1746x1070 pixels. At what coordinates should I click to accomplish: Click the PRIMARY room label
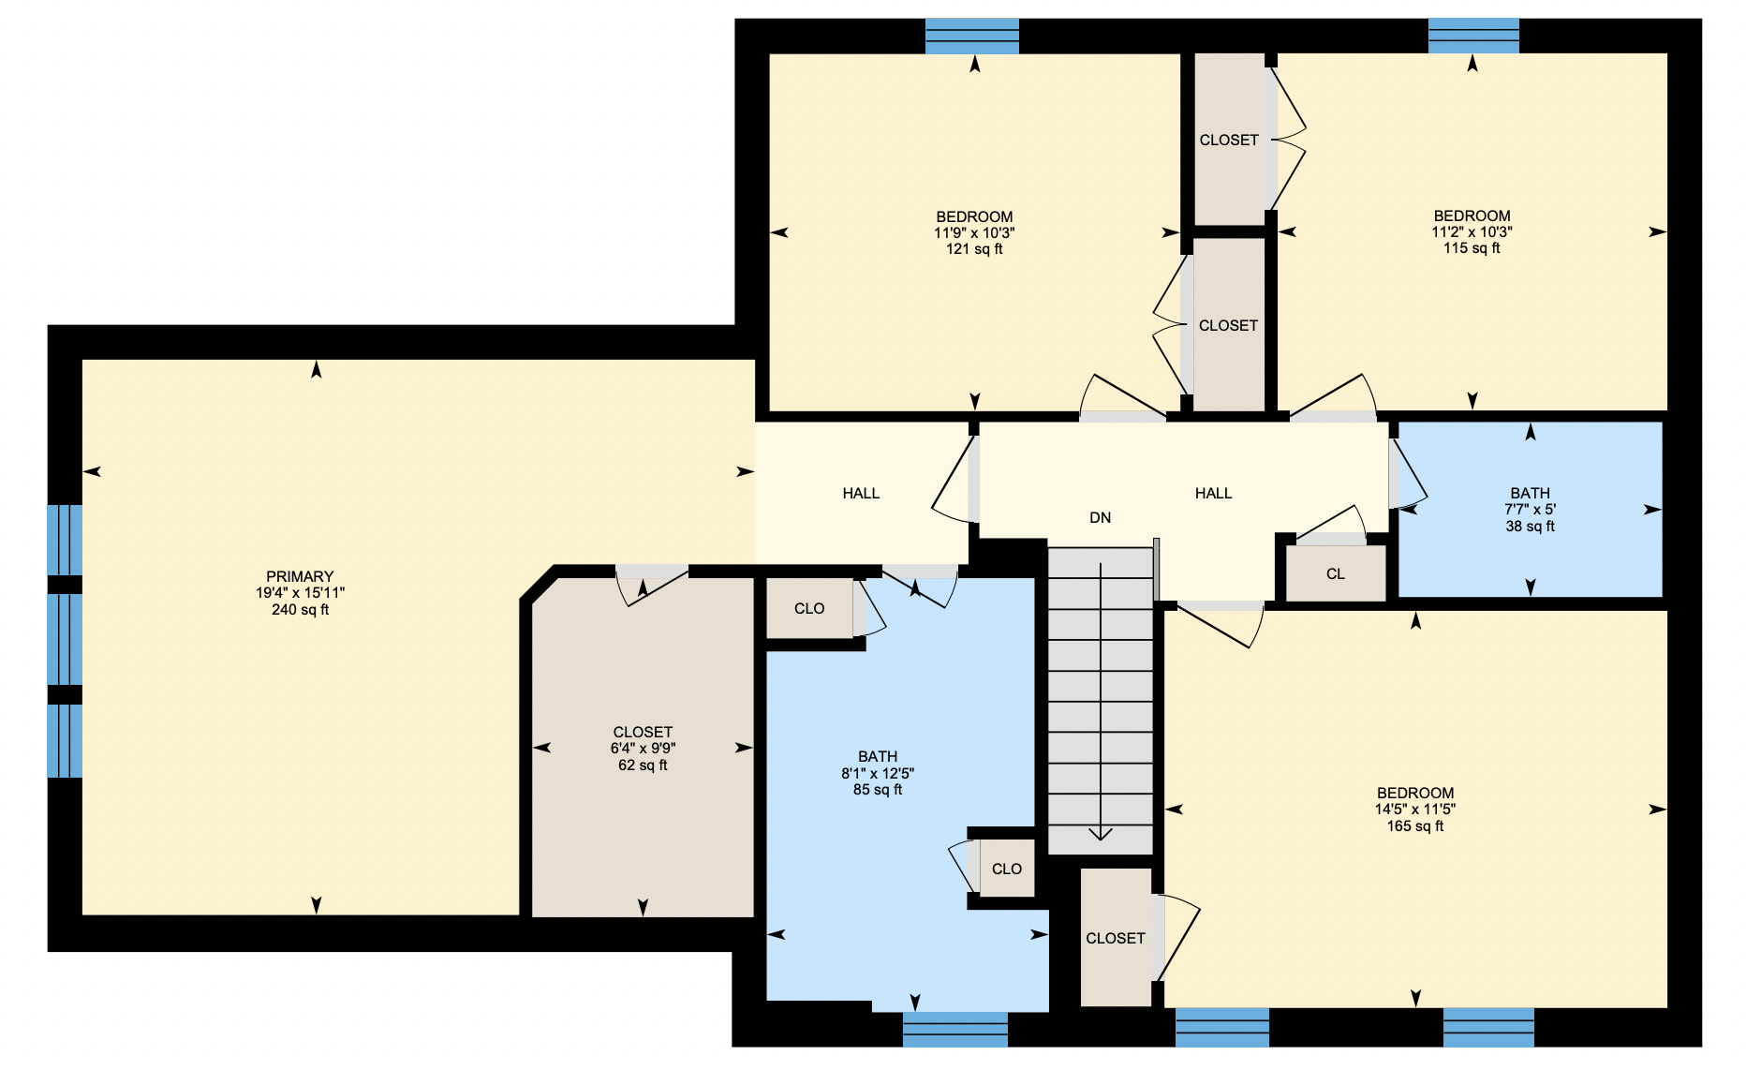(300, 576)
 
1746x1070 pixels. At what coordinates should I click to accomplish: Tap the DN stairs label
(1100, 517)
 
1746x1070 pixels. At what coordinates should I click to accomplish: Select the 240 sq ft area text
(300, 610)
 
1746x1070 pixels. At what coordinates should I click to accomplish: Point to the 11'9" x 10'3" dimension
(974, 232)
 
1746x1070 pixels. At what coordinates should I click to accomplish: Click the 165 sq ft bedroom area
(1415, 826)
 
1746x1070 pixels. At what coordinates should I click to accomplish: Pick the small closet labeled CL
(1336, 573)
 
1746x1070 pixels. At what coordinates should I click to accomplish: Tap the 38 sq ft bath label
(1531, 527)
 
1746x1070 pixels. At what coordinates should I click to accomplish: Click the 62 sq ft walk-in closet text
(643, 765)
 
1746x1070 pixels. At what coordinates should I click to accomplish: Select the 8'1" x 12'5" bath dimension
(878, 773)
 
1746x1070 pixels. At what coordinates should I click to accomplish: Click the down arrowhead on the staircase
(1101, 833)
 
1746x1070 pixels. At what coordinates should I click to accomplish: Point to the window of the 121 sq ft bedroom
(972, 36)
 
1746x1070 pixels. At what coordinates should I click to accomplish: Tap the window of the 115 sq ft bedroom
(1473, 36)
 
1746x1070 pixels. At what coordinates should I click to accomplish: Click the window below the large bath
(955, 1029)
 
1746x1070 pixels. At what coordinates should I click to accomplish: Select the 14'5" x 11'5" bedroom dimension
(1415, 810)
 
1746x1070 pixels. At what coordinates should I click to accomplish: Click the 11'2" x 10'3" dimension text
(1472, 232)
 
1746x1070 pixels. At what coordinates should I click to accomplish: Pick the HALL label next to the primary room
(861, 493)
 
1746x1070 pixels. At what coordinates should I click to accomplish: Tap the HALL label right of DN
(1213, 493)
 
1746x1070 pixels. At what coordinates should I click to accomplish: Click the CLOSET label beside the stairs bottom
(1116, 938)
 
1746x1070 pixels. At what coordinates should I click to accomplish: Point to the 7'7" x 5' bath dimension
(1531, 510)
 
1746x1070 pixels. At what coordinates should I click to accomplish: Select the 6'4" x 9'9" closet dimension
(643, 749)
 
